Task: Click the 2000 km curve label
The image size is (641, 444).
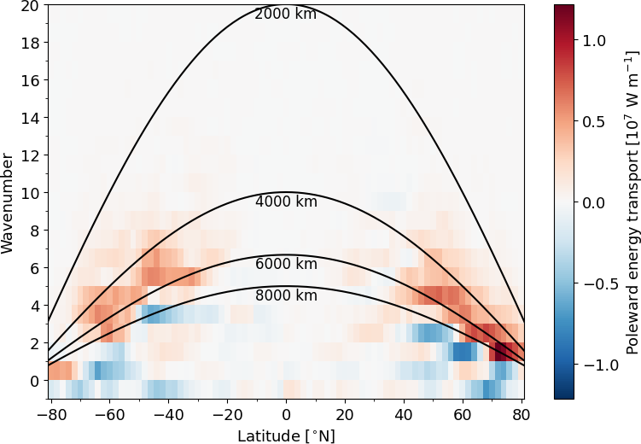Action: [x=286, y=14]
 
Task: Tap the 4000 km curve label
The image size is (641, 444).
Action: [x=286, y=202]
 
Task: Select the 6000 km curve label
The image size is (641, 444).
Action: [x=286, y=264]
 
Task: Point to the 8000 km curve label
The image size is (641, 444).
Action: [x=286, y=295]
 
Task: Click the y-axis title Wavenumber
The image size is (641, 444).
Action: [x=8, y=202]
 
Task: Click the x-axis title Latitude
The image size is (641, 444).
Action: [x=285, y=436]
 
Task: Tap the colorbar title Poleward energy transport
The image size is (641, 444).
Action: [x=632, y=202]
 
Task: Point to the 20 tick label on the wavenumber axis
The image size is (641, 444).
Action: [x=30, y=5]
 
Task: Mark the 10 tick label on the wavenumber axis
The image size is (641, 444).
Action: [x=30, y=193]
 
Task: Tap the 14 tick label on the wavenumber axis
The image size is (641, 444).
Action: [x=30, y=118]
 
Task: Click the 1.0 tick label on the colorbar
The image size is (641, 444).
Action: [x=594, y=40]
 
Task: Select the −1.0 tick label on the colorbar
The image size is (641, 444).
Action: [x=591, y=365]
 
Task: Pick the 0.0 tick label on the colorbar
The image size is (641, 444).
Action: [x=594, y=202]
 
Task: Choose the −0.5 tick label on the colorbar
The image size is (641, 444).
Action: [x=591, y=283]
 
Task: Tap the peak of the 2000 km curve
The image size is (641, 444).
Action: [x=286, y=5]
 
